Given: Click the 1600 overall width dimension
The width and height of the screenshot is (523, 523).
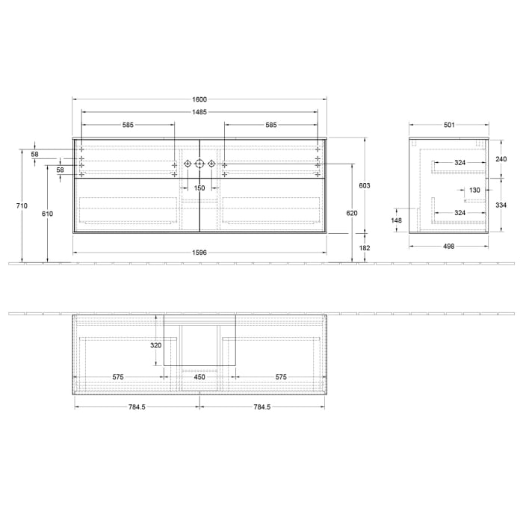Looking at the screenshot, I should coord(199,100).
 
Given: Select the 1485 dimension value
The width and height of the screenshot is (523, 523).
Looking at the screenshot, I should coord(199,113).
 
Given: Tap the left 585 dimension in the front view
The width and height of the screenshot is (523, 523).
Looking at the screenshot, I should coord(128,126).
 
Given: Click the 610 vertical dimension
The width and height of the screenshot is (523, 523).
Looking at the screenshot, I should coord(47,214).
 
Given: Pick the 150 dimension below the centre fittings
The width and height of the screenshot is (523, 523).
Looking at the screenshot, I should coord(199,188).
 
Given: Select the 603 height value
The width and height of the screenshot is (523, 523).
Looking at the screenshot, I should coord(365,185).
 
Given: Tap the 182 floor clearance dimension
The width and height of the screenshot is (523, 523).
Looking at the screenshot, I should coord(365,247).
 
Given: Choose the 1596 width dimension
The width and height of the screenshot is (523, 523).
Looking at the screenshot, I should coord(199,253).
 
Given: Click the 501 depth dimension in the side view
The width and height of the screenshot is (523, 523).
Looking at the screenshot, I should coord(449,125).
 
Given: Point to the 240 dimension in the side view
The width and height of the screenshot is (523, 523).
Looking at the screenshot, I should coord(501,158).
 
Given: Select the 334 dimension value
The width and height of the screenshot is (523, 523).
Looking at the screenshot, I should coord(501,205).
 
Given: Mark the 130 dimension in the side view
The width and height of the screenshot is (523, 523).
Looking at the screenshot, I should coord(474,191).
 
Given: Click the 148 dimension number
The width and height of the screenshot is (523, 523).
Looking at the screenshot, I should coord(397,220).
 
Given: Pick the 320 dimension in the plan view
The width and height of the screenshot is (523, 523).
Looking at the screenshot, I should coord(155,345).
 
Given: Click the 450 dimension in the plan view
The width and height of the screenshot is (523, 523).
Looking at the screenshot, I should coord(199,377).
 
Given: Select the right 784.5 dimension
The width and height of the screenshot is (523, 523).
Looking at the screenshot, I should coord(261,407).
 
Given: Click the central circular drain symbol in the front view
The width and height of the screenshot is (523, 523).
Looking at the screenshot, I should coord(199,164).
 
